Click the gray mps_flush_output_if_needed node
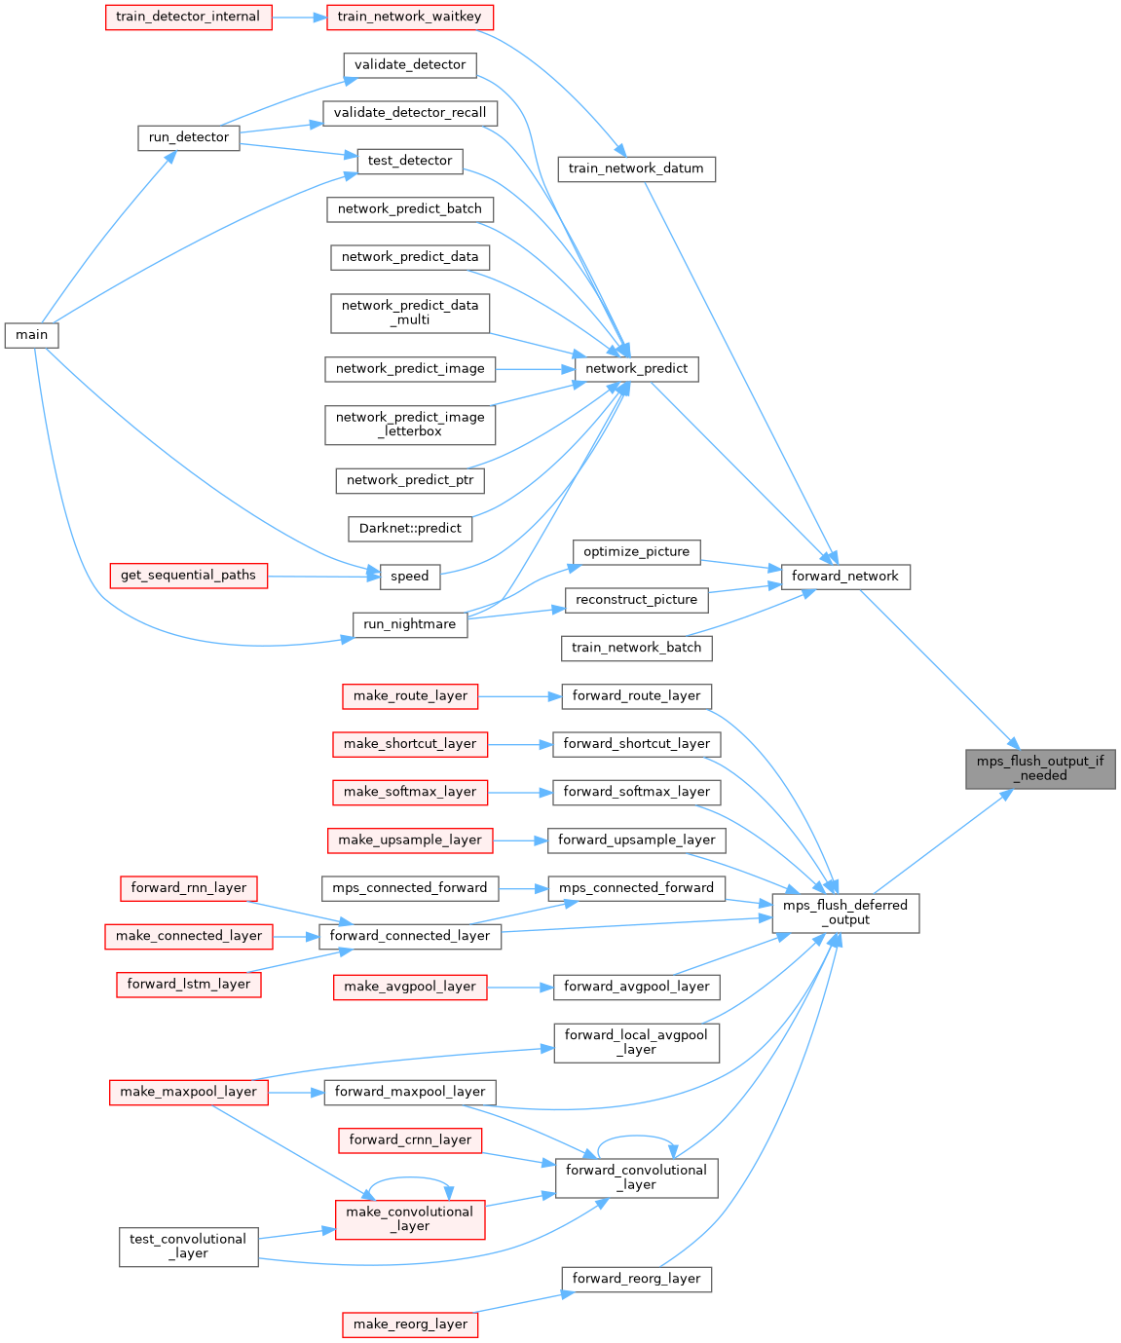point(1040,768)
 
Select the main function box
point(31,335)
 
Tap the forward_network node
point(844,577)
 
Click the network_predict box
point(636,369)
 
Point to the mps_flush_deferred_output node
point(844,913)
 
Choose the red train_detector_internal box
point(188,17)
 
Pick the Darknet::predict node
point(410,528)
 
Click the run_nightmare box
point(409,624)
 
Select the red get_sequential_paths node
point(188,576)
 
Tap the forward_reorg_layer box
point(636,1279)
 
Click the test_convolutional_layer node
point(188,1247)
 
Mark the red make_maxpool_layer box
point(188,1092)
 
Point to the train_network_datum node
point(636,168)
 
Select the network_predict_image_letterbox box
point(410,425)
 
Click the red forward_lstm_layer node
point(188,985)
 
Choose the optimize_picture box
point(636,552)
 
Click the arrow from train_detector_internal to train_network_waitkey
point(299,17)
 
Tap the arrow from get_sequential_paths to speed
point(322,576)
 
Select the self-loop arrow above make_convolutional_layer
point(409,1180)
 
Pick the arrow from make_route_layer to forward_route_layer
point(520,696)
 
